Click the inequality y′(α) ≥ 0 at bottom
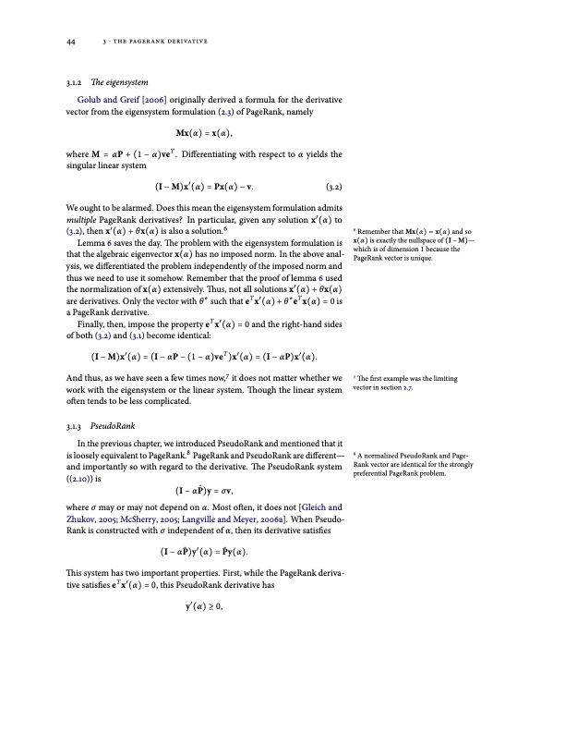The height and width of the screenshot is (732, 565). pos(204,607)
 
